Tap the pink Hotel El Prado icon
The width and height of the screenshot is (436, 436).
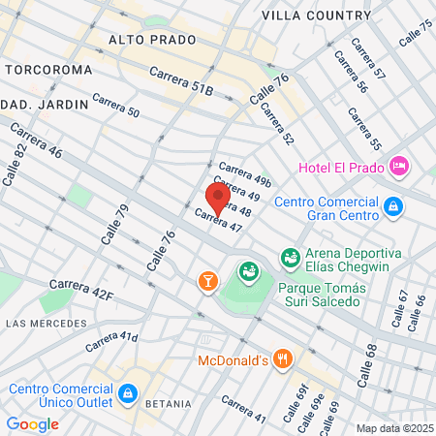coord(398,168)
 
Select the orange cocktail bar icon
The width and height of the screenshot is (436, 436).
coord(206,281)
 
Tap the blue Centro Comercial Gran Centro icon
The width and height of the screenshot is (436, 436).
coord(393,205)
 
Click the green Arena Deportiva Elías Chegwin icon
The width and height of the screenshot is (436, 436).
coord(289,257)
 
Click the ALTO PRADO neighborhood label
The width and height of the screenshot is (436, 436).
coord(152,40)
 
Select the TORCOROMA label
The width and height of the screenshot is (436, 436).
coord(48,71)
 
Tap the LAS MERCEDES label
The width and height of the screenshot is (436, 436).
coord(40,321)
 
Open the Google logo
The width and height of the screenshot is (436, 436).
coord(32,424)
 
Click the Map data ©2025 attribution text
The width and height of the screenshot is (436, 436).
coord(392,428)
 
